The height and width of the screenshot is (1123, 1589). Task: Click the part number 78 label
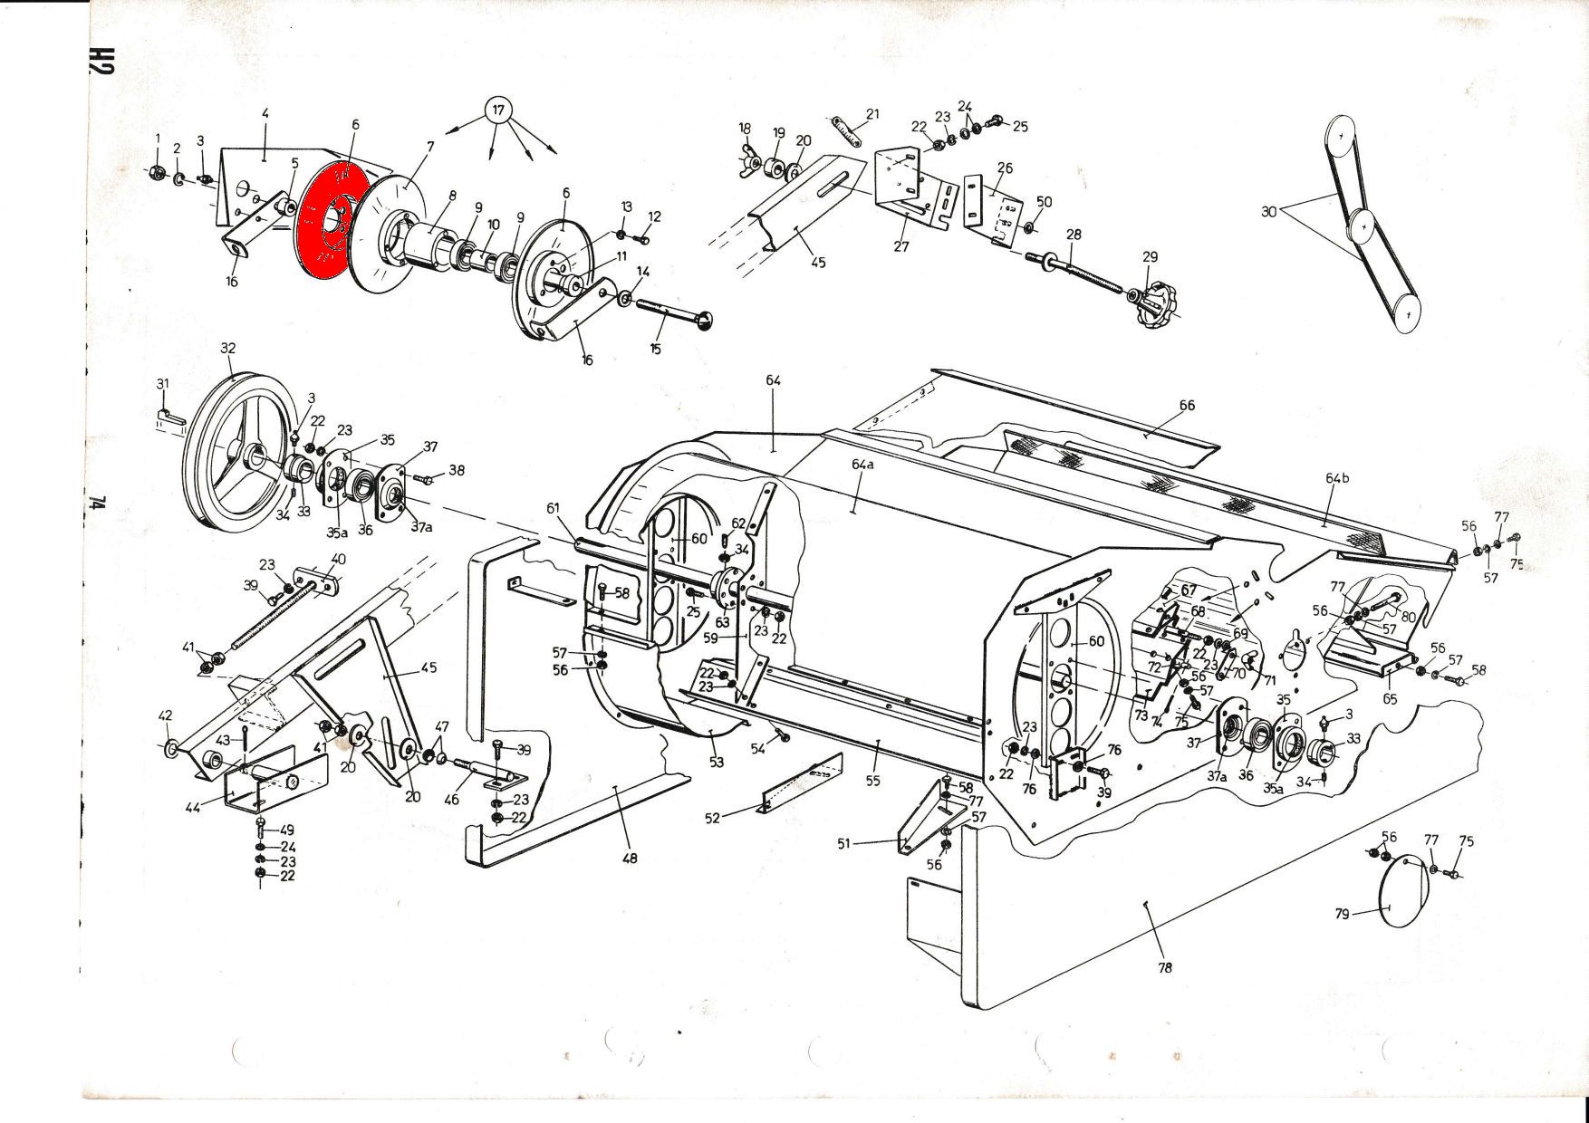1165,967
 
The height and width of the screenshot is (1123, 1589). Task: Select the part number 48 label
629,857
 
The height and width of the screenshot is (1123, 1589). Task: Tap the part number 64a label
862,464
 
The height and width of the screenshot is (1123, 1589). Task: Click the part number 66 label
1187,405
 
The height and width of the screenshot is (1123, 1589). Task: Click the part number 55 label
872,781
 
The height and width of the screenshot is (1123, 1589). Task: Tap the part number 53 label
717,763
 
